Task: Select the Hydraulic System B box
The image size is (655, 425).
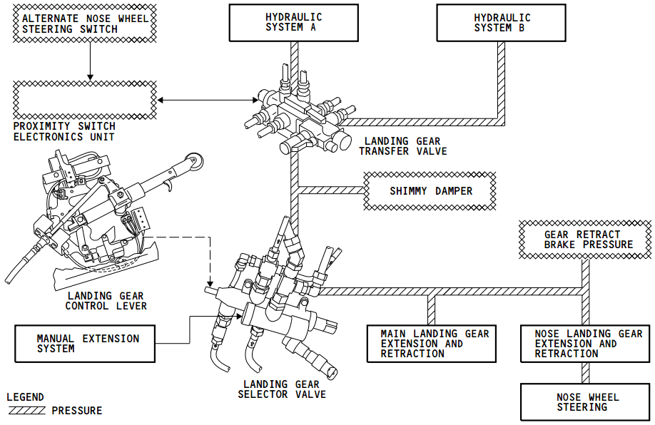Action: pyautogui.click(x=502, y=22)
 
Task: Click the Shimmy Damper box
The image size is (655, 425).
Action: pyautogui.click(x=430, y=191)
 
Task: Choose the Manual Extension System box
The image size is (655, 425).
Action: pyautogui.click(x=85, y=343)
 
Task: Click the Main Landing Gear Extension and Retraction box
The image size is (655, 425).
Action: pyautogui.click(x=430, y=344)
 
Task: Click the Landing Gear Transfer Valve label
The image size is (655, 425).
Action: pyautogui.click(x=402, y=146)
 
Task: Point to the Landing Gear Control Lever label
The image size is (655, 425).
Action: pyautogui.click(x=106, y=301)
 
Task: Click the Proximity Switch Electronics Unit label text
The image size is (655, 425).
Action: pyautogui.click(x=64, y=132)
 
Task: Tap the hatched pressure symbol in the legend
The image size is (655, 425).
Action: pyautogui.click(x=27, y=411)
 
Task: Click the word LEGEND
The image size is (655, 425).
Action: pyautogui.click(x=25, y=397)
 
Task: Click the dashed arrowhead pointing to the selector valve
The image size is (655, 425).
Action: pyautogui.click(x=210, y=282)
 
